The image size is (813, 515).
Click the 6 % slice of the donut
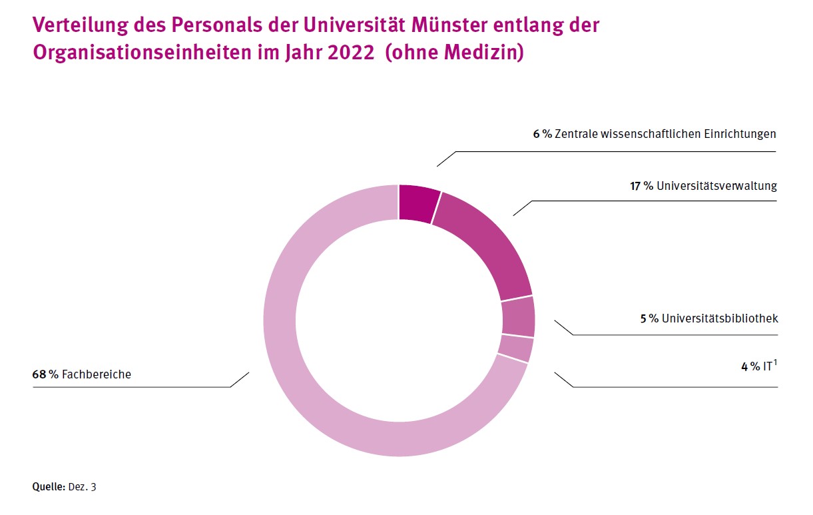tap(418, 202)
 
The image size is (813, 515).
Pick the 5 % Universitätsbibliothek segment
tap(519, 316)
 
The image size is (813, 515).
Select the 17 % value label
tap(642, 186)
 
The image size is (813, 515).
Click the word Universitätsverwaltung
tap(716, 186)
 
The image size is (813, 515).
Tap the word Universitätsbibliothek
tap(720, 318)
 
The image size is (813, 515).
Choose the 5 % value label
tap(649, 318)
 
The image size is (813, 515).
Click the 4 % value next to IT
tap(750, 366)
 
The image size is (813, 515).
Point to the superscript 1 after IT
tap(775, 362)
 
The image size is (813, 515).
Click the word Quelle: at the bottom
tap(49, 487)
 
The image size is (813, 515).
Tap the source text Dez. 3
tap(83, 487)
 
